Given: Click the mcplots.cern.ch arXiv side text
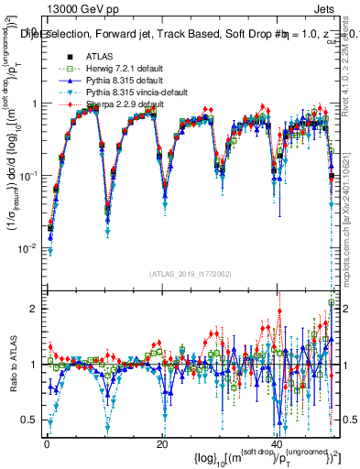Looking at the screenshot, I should [353, 215].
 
